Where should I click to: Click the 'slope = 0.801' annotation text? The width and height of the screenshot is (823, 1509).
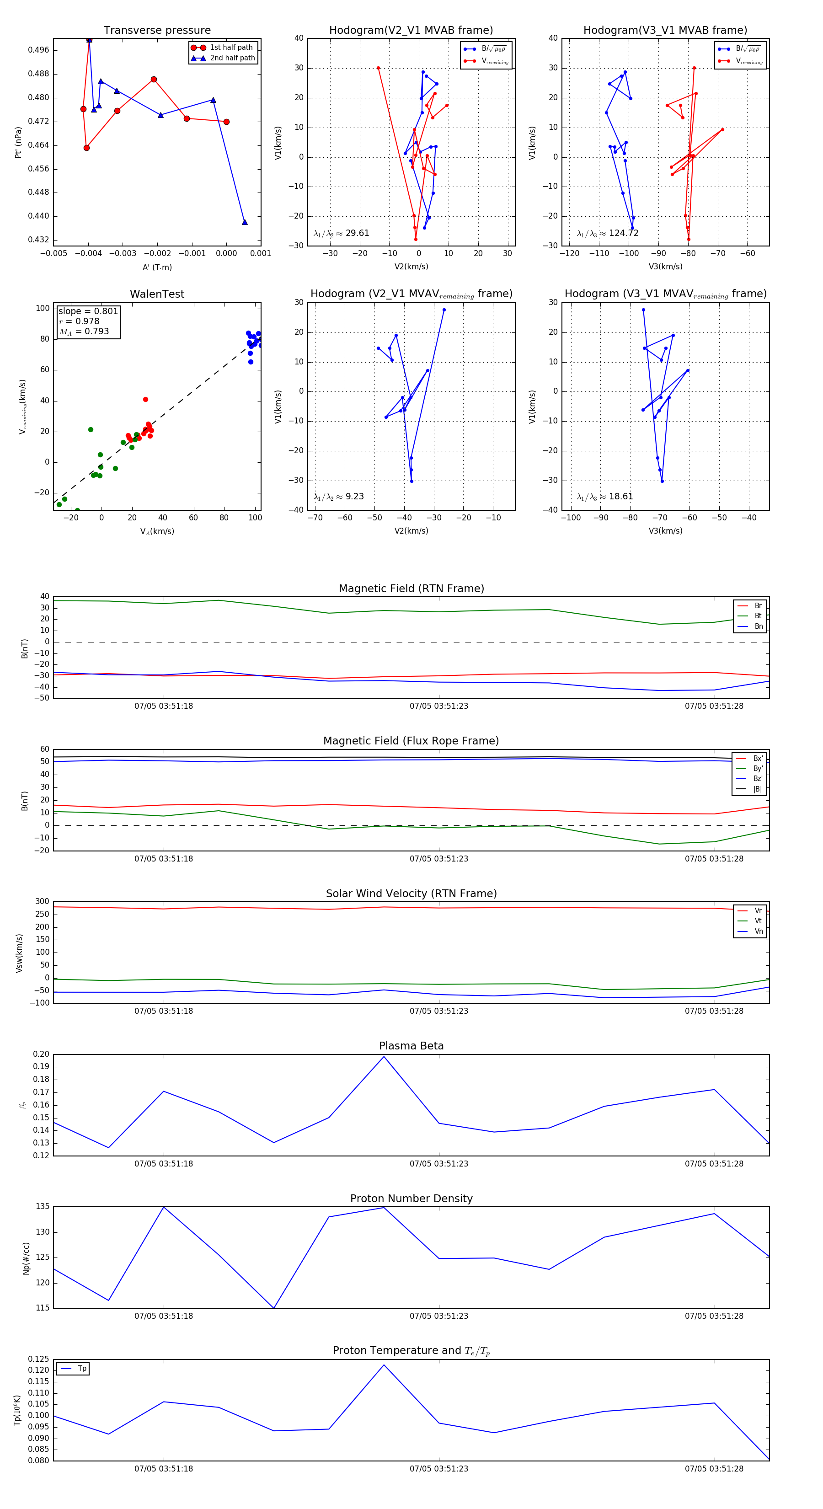pyautogui.click(x=88, y=311)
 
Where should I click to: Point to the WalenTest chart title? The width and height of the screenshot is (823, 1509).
pyautogui.click(x=157, y=294)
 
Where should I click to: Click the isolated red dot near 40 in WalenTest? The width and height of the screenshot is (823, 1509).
pyautogui.click(x=145, y=400)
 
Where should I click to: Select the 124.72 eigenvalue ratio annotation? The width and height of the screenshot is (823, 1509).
pyautogui.click(x=608, y=233)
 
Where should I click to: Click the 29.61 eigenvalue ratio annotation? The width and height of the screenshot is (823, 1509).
pyautogui.click(x=342, y=233)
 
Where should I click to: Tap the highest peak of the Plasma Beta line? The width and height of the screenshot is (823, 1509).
pyautogui.click(x=384, y=1056)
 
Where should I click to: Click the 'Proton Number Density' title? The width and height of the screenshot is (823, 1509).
pyautogui.click(x=411, y=1199)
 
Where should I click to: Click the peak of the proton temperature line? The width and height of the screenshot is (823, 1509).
pyautogui.click(x=384, y=1365)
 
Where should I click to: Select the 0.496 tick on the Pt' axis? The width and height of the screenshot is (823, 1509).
pyautogui.click(x=39, y=50)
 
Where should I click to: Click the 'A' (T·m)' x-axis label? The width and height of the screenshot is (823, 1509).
pyautogui.click(x=157, y=267)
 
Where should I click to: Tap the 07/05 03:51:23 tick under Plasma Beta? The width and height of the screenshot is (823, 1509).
pyautogui.click(x=439, y=1164)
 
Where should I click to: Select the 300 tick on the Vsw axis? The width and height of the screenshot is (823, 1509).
pyautogui.click(x=42, y=902)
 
